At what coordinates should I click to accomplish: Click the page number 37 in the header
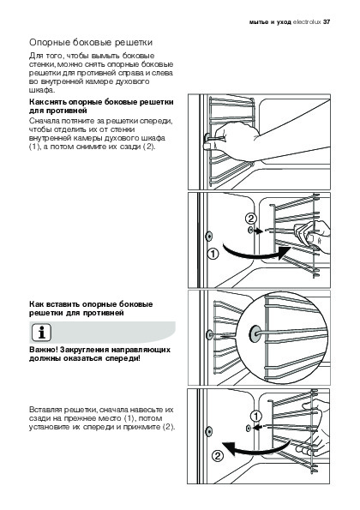327,22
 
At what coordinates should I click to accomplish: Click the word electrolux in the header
307,22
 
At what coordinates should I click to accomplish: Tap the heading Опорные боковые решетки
91,43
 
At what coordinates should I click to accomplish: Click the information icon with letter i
42,333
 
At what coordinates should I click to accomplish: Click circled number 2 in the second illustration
251,219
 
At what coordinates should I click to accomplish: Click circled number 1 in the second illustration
213,254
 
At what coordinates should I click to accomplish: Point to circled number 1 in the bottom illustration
256,416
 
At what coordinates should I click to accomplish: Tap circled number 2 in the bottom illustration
218,456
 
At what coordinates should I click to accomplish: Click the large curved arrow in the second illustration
254,255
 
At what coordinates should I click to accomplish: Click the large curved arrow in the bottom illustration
254,449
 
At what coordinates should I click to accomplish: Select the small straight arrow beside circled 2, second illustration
259,231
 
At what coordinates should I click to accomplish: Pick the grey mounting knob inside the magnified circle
254,334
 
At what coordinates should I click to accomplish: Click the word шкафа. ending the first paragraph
42,90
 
